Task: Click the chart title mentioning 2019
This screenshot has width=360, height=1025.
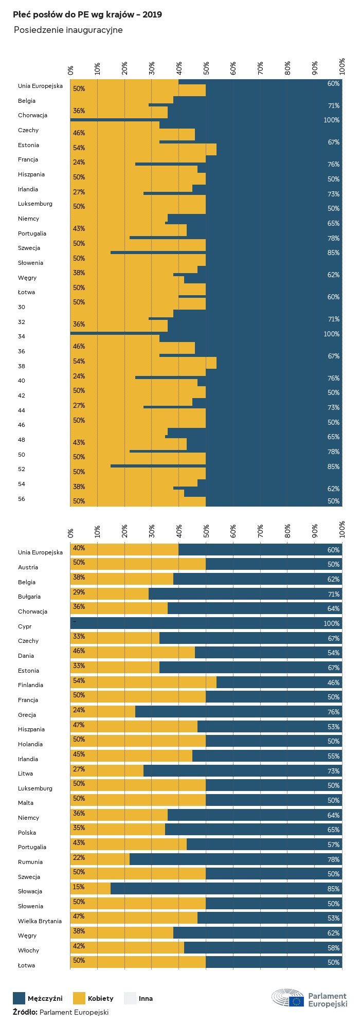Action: coord(87,14)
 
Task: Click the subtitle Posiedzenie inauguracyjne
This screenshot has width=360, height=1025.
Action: coord(68,30)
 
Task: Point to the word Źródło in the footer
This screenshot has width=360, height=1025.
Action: coord(25,1012)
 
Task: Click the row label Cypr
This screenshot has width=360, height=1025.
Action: coord(25,626)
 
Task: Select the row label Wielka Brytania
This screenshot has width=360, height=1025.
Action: coord(40,921)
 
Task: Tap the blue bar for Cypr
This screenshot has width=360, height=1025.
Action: coord(206,623)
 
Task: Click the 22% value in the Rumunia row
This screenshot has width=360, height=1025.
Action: coord(79,858)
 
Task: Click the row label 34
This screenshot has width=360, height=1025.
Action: coord(22,336)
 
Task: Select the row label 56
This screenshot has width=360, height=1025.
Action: coord(22,499)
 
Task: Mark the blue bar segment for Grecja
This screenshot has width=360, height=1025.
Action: coord(237,712)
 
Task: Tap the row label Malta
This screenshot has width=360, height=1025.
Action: coord(26,803)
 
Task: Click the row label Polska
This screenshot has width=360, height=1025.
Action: coord(27,833)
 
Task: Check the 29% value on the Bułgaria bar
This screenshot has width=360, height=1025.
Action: coord(79,592)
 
